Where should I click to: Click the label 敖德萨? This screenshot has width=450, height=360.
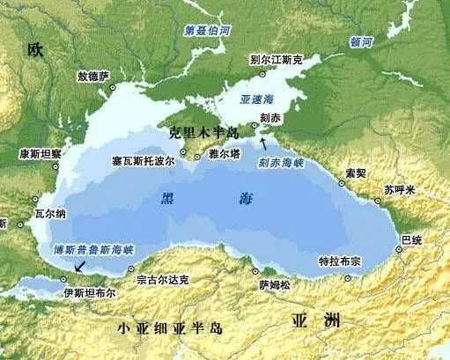tap(94, 77)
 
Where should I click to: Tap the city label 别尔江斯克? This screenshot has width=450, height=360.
tap(276, 60)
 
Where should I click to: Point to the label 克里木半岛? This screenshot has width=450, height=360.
tap(207, 133)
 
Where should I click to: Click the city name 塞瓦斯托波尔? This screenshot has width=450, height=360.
tap(143, 163)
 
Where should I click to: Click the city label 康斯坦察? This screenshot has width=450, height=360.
tap(40, 153)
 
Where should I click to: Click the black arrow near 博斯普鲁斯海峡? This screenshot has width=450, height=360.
tap(81, 266)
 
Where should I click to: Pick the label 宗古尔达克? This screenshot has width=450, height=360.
tap(163, 280)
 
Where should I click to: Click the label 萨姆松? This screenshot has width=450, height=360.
tap(274, 285)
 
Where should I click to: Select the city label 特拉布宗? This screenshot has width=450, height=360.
tap(340, 261)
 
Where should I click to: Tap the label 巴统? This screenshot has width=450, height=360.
tap(411, 239)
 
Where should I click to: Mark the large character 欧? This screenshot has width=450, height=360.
tap(34, 49)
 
